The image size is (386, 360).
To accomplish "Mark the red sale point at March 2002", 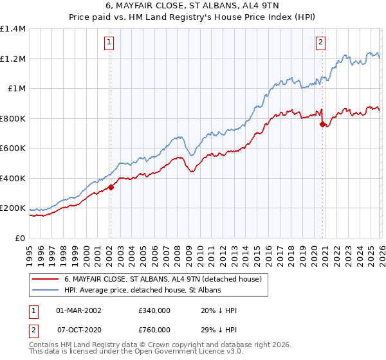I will pyautogui.click(x=111, y=188).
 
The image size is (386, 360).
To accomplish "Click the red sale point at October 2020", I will pyautogui.click(x=322, y=125).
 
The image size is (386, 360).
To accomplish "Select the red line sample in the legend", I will pyautogui.click(x=45, y=280).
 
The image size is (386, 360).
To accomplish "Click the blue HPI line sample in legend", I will pyautogui.click(x=45, y=291).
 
